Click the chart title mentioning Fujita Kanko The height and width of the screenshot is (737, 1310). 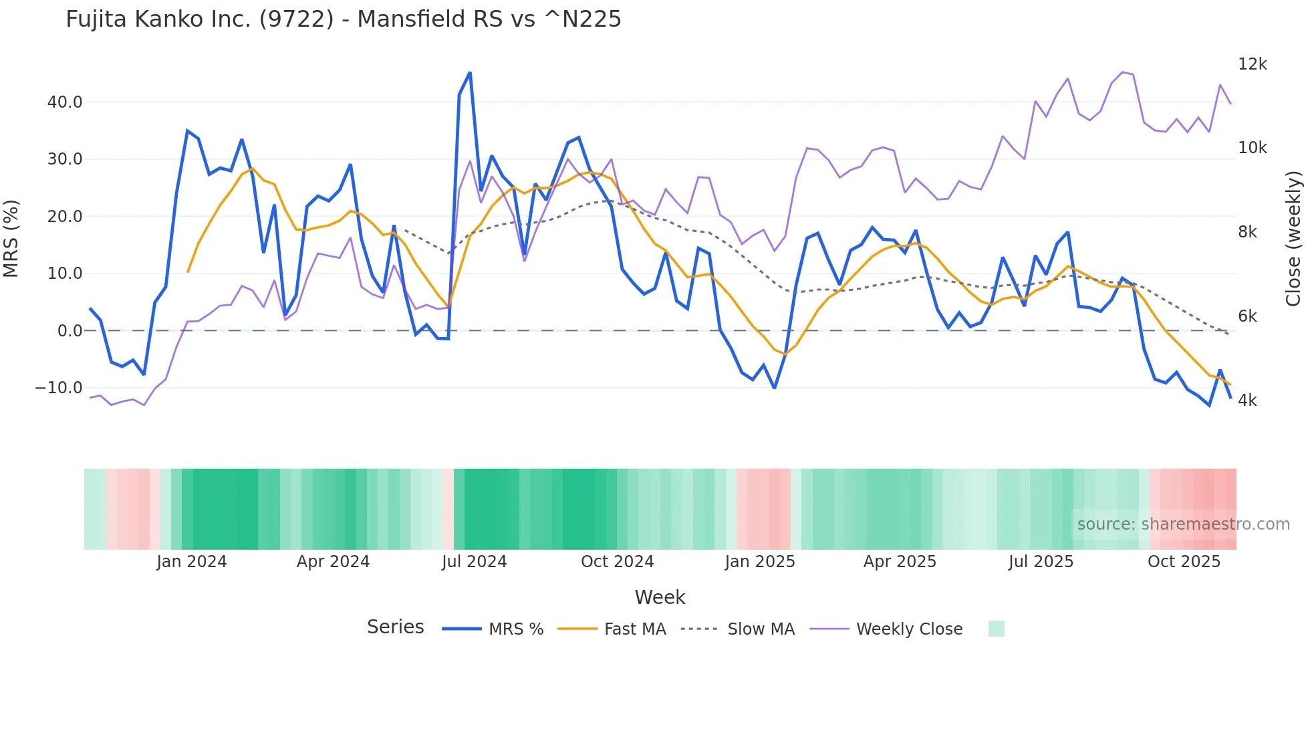tap(344, 19)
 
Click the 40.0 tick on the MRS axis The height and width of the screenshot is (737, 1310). tap(65, 102)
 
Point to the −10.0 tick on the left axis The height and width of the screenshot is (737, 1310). tap(59, 388)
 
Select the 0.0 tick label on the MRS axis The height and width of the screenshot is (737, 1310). tap(70, 331)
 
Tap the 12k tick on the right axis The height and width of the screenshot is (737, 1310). tap(1252, 64)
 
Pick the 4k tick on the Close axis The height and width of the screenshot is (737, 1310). tap(1247, 401)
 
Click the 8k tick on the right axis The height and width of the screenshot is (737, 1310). tap(1247, 232)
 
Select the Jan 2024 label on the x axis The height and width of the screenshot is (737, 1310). tap(192, 562)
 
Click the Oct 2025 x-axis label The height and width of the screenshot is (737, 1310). tap(1184, 562)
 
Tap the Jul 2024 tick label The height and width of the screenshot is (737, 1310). tap(475, 562)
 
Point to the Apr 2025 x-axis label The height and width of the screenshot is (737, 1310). tap(900, 562)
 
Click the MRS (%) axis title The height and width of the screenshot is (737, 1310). tap(11, 239)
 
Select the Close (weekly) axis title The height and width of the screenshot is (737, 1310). tap(1294, 239)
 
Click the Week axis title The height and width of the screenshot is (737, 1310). tap(660, 597)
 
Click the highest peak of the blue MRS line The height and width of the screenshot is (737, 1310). tap(470, 73)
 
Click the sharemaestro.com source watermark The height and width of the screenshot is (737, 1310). tap(1183, 524)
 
